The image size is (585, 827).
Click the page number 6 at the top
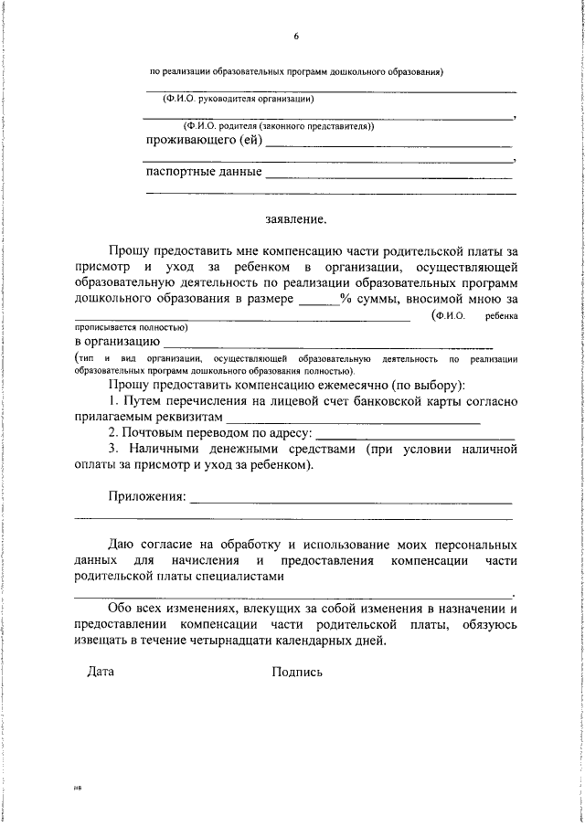point(296,37)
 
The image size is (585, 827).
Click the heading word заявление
point(295,219)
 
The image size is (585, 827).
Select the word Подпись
point(297,672)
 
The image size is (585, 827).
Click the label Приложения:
point(147,498)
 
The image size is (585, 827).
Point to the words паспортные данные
point(204,171)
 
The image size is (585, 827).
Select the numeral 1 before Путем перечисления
point(112,402)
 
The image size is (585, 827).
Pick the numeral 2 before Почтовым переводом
point(112,432)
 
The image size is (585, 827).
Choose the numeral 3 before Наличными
point(112,450)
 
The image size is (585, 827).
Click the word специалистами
point(239,577)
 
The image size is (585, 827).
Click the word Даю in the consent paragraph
point(121,544)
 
